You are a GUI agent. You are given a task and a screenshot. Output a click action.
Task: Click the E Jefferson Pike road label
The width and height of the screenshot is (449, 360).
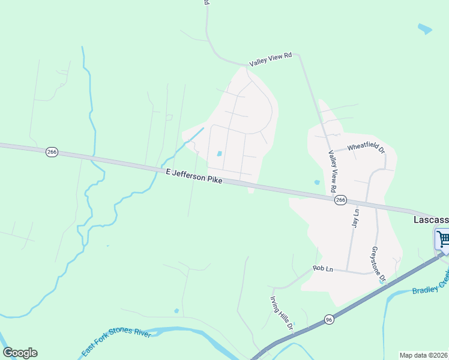tap(194, 176)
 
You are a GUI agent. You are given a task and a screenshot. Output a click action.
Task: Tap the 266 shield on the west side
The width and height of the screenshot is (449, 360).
tap(52, 152)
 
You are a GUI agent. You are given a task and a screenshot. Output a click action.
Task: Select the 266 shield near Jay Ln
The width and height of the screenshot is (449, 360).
tap(341, 200)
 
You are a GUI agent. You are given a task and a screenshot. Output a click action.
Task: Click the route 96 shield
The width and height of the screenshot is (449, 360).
tap(328, 319)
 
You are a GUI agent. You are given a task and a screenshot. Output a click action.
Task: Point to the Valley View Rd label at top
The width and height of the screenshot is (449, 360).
tap(270, 59)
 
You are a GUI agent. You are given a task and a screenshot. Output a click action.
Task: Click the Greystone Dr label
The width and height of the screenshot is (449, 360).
tap(378, 264)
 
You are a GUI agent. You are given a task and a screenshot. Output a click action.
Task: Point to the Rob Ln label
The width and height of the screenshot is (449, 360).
tap(322, 269)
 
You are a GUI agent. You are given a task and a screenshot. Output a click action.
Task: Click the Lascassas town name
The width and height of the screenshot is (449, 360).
tap(430, 220)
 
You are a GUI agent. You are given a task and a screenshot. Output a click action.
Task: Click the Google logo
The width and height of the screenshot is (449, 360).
tap(20, 353)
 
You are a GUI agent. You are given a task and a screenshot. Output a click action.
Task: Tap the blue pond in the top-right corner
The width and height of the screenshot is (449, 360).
tap(424, 28)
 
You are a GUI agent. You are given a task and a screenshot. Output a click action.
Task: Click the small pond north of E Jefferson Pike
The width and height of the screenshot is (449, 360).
tap(220, 154)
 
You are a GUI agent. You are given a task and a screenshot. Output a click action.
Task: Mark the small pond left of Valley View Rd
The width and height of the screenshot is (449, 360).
tap(316, 182)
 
